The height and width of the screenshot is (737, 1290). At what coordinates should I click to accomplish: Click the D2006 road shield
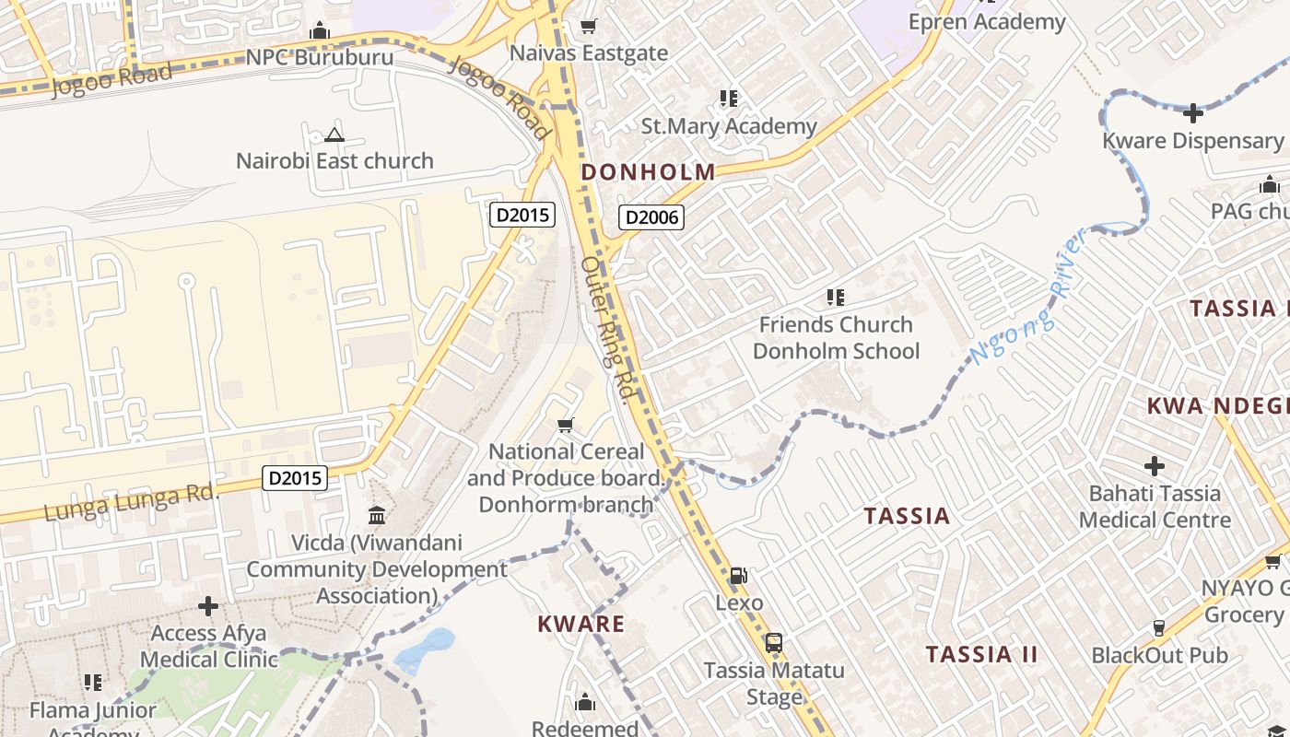tap(651, 217)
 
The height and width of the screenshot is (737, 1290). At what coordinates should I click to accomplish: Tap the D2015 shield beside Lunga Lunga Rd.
tap(295, 477)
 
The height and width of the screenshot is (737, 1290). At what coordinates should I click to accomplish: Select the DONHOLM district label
tap(648, 171)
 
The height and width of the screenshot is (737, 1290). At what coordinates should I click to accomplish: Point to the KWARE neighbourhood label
tap(581, 624)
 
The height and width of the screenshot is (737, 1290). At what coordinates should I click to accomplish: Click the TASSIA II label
tap(981, 655)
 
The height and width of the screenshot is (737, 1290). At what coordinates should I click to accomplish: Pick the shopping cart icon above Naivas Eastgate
tap(588, 26)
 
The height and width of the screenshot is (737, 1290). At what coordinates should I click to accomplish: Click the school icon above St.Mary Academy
tap(729, 98)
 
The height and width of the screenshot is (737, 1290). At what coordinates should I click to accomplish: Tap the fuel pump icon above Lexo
tap(739, 576)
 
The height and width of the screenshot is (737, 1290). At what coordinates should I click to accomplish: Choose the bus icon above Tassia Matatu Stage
tap(774, 643)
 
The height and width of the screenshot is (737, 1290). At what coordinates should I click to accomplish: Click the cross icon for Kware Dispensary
tap(1193, 113)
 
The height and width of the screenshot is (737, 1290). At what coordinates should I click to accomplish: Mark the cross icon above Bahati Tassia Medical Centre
tap(1154, 466)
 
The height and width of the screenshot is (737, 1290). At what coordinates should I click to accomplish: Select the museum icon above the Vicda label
tap(377, 515)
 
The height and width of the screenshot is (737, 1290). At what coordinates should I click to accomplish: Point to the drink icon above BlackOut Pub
tap(1159, 628)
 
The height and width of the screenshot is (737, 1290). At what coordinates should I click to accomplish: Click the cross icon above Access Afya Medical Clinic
tap(208, 606)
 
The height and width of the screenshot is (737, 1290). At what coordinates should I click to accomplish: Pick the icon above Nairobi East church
tap(334, 135)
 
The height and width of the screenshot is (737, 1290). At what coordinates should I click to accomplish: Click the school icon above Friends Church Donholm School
tap(836, 297)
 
